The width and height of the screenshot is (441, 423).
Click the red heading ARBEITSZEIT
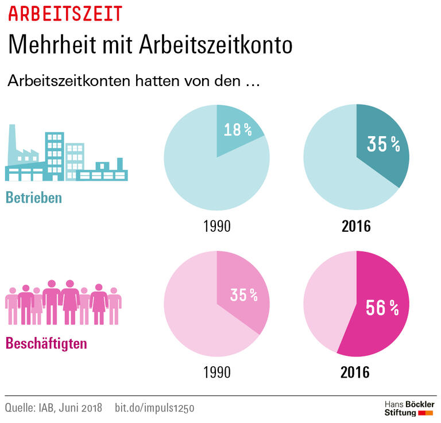tap(65, 13)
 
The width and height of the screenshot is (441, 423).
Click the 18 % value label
tap(238, 130)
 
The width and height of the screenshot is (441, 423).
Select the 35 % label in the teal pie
tap(383, 145)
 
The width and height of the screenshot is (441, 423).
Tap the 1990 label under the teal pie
tap(216, 226)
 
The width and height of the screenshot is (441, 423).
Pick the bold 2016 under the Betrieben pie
tap(356, 226)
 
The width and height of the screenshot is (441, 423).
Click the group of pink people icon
tap(63, 301)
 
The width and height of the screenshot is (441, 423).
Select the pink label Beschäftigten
tap(47, 344)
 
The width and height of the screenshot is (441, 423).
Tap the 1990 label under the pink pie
tap(216, 372)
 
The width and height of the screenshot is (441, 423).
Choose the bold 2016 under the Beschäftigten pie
tap(356, 372)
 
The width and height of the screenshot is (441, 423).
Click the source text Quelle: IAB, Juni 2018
tap(53, 408)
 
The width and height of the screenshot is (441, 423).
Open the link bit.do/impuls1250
tap(155, 408)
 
